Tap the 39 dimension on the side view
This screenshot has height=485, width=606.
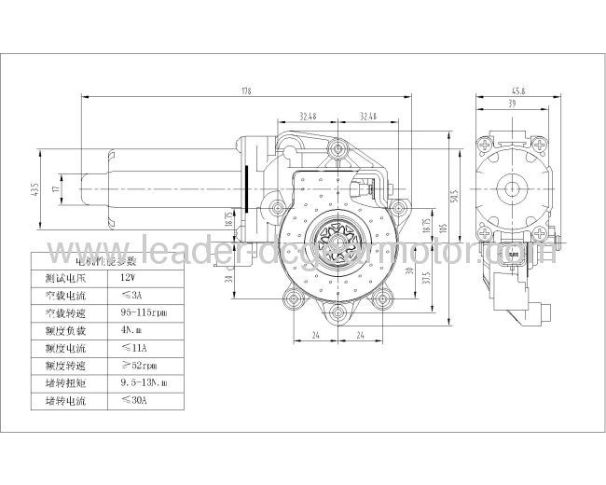[512, 105]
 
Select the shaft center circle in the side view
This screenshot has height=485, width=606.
[514, 187]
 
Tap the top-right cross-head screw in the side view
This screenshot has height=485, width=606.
[541, 144]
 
